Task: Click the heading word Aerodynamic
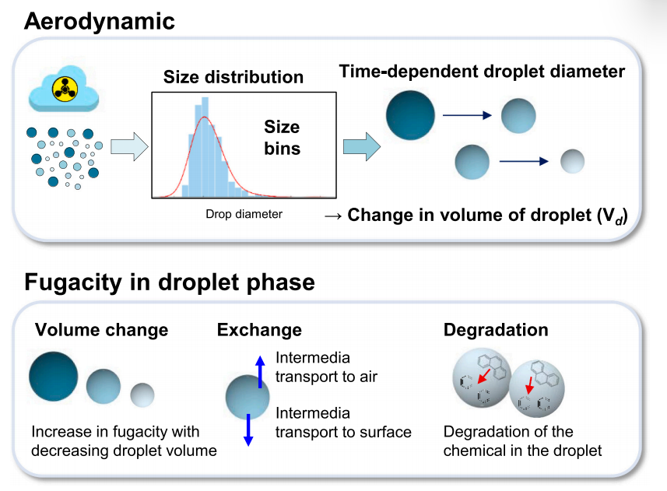coord(100,21)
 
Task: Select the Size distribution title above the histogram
coord(233,77)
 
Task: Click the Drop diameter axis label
coord(244,214)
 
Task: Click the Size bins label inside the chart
coord(282,137)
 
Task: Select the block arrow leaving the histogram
coord(361,145)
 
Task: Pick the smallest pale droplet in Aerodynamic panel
coord(572,161)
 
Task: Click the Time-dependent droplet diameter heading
coord(482,72)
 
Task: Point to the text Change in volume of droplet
coord(486,215)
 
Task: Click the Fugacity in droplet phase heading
coord(170,282)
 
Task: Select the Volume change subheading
coord(101,330)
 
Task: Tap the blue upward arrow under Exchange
coord(260,371)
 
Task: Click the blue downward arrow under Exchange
coord(248,429)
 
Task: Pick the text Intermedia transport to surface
coord(343,423)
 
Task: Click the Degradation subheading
coord(496,330)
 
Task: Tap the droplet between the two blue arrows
coord(247,397)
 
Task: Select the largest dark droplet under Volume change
coord(54,376)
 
